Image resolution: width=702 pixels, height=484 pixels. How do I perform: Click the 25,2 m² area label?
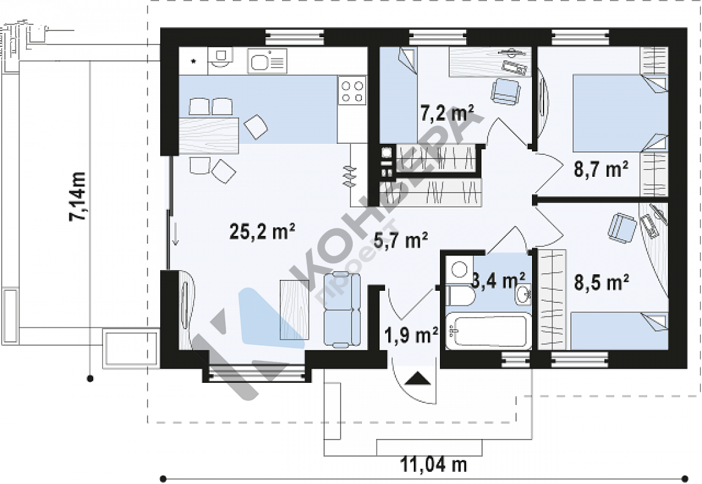[x=262, y=232]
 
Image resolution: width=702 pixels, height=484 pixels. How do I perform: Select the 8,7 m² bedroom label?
[x=601, y=169]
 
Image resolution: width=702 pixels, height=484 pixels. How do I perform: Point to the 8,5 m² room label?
[x=601, y=282]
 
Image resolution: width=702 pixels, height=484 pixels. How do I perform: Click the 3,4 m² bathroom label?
[x=498, y=281]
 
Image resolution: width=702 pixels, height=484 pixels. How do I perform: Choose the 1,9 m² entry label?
[x=411, y=335]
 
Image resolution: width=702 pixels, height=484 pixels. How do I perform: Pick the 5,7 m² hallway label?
[x=401, y=240]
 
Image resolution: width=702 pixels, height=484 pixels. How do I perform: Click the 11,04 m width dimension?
[x=433, y=464]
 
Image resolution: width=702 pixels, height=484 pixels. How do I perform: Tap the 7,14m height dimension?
[x=77, y=196]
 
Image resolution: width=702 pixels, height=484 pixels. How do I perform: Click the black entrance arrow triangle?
[x=419, y=379]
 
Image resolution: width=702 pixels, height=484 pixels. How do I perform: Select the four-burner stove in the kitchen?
[x=352, y=90]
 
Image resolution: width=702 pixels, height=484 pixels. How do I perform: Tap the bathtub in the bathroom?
[x=489, y=330]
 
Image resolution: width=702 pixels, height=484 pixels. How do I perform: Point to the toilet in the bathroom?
[x=459, y=286]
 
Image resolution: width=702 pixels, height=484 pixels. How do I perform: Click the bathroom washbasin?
[x=522, y=294]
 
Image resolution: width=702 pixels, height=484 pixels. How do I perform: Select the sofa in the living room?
[x=342, y=310]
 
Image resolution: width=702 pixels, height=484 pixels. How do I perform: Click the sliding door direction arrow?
[x=175, y=233]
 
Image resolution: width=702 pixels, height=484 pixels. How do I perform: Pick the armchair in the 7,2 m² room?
[x=506, y=91]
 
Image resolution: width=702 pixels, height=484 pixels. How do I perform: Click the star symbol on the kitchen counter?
[x=193, y=62]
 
